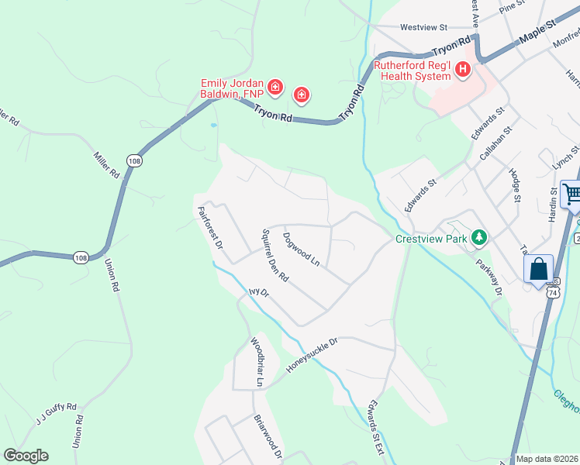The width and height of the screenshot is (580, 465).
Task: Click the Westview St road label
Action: (x=424, y=27)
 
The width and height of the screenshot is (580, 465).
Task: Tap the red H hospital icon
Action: (x=463, y=71)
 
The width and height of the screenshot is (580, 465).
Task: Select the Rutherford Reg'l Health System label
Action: (x=412, y=71)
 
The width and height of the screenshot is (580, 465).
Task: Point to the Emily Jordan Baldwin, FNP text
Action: (x=232, y=88)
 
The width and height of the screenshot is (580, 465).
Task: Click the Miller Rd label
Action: (x=105, y=164)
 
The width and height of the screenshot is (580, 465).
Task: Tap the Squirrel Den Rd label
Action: (x=275, y=255)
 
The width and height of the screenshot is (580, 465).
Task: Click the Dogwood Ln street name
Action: (x=302, y=249)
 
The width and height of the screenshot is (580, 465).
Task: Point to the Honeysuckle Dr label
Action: (x=312, y=355)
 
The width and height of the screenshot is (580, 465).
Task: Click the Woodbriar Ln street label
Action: (x=257, y=362)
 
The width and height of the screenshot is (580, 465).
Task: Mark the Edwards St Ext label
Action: (x=376, y=427)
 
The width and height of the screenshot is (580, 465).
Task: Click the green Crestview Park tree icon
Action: (x=479, y=237)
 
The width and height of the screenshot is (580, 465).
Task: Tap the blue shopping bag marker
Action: (x=540, y=270)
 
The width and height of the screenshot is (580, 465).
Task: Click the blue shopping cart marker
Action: (x=572, y=194)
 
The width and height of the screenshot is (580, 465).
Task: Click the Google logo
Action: (x=26, y=456)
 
